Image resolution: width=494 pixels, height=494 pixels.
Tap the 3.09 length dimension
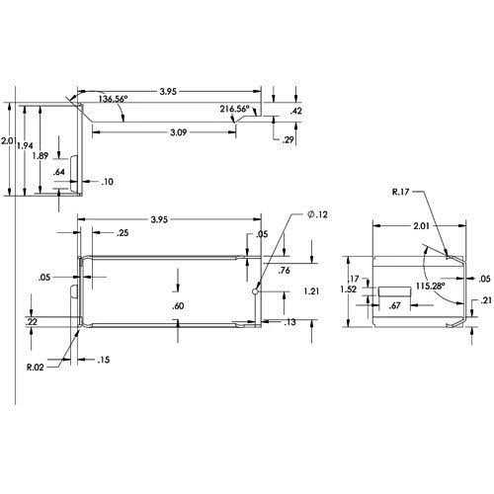pyautogui.click(x=178, y=131)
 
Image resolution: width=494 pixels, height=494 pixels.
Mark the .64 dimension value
pyautogui.click(x=59, y=173)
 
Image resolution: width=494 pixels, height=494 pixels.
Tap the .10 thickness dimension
pyautogui.click(x=107, y=182)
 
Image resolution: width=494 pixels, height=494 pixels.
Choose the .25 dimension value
pyautogui.click(x=123, y=233)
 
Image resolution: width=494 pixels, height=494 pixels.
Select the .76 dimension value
pyautogui.click(x=285, y=271)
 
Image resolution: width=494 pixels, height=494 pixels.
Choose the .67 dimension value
pyautogui.click(x=394, y=307)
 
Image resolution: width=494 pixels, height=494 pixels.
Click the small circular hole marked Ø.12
pyautogui.click(x=257, y=291)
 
